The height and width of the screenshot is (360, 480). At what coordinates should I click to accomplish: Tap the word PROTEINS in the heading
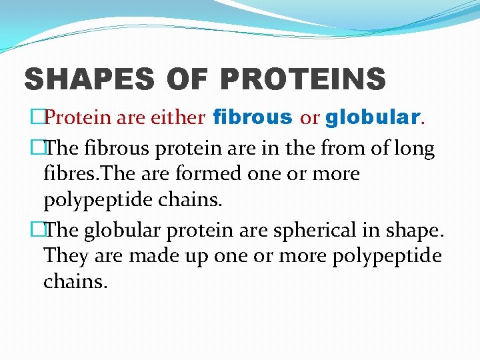[303, 79]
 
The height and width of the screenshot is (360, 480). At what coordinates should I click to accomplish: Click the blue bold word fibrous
[252, 118]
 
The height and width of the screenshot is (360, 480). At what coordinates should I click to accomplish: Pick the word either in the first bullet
[181, 119]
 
